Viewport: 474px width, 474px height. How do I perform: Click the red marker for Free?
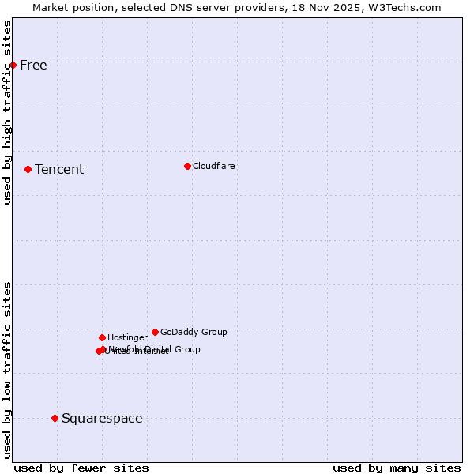[x=13, y=65]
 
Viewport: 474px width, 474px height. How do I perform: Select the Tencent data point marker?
[x=28, y=169]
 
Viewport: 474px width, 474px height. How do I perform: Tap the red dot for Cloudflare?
[x=187, y=166]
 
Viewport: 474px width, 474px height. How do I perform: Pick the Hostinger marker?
[x=102, y=337]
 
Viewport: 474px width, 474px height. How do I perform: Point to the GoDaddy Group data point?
[x=155, y=332]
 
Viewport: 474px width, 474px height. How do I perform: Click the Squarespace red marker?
[x=55, y=418]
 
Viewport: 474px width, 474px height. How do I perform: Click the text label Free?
[x=33, y=65]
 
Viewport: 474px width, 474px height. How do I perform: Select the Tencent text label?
[x=59, y=169]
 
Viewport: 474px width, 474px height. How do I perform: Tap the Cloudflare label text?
[x=214, y=166]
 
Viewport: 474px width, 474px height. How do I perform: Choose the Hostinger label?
[x=127, y=337]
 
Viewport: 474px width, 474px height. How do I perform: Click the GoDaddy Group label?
[x=194, y=332]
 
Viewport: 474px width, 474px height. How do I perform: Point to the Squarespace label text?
[x=102, y=418]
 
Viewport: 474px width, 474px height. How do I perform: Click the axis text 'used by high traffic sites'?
[x=7, y=112]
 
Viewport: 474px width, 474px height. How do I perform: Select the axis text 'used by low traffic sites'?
[x=7, y=369]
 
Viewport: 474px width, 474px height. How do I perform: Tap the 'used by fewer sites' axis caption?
[x=81, y=468]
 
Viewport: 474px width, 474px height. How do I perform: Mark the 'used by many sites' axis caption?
[x=397, y=468]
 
